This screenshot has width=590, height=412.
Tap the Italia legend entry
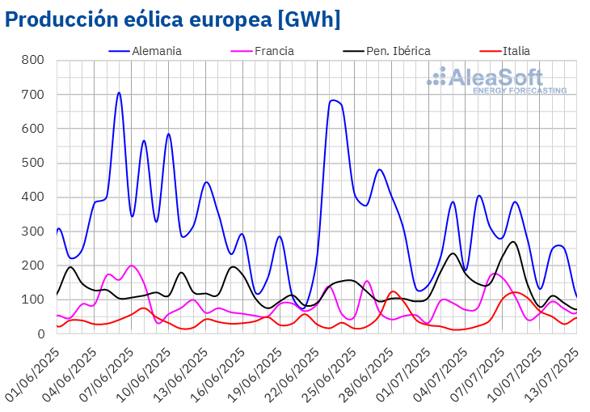coord(516,51)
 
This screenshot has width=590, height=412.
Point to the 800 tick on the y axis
coord(33,61)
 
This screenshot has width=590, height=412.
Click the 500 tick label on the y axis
coord(33,164)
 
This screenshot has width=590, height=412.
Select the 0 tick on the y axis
coord(40,334)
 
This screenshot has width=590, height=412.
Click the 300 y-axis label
coord(33,231)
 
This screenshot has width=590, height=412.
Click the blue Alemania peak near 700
coord(119,92)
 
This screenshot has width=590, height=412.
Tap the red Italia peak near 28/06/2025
coord(393,291)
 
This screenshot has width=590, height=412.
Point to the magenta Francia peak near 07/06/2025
coord(132,265)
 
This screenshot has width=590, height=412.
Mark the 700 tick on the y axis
coord(33,95)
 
